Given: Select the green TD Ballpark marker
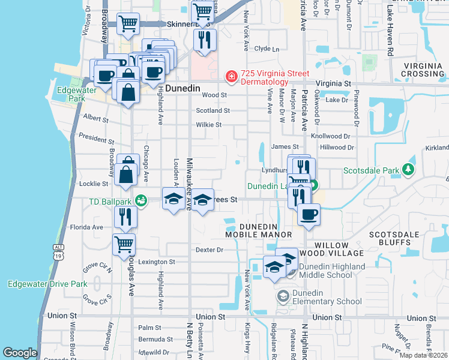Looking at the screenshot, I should [x=141, y=200].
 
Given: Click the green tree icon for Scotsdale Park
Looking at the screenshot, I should [x=409, y=170].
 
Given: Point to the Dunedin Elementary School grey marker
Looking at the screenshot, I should [x=283, y=296].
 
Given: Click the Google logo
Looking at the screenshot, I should [x=20, y=353].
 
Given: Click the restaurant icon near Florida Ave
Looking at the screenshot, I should [x=125, y=217].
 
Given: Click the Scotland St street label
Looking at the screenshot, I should [x=213, y=110].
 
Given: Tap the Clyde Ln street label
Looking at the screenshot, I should [x=267, y=49].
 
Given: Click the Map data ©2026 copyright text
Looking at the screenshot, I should [x=424, y=355].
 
